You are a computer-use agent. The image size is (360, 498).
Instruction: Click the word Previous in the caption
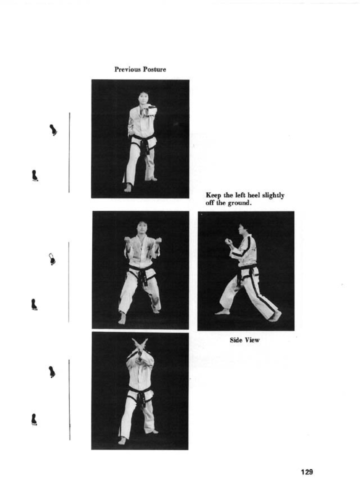[127, 69]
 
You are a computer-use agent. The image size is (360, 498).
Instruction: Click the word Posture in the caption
[154, 69]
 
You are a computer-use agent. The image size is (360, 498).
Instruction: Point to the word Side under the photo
[236, 340]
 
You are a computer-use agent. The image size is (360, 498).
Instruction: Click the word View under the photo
[252, 340]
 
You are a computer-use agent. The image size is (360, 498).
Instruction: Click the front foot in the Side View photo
[222, 312]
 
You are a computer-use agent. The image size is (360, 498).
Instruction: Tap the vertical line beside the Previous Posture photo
[69, 152]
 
